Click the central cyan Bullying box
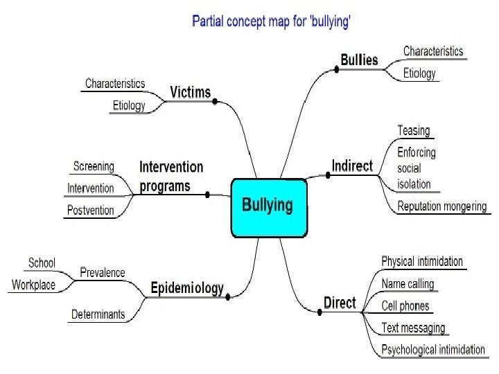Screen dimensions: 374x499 pyautogui.click(x=268, y=206)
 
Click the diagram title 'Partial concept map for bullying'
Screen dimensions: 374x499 pyautogui.click(x=271, y=21)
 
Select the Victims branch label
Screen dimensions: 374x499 pyautogui.click(x=190, y=92)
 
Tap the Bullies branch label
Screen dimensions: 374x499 pyautogui.click(x=359, y=60)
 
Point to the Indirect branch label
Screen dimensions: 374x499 pyautogui.click(x=351, y=166)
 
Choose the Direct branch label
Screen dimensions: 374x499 pyautogui.click(x=340, y=303)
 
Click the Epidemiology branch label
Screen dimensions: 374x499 pyautogui.click(x=187, y=288)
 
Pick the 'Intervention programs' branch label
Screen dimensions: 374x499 pyautogui.click(x=171, y=176)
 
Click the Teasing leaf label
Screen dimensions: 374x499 pyautogui.click(x=413, y=130)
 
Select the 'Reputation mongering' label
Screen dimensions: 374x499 pyautogui.click(x=441, y=206)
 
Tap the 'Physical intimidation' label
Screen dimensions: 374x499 pyautogui.click(x=422, y=261)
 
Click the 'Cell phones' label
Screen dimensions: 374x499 pyautogui.click(x=405, y=305)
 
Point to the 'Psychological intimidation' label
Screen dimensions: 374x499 pyautogui.click(x=433, y=349)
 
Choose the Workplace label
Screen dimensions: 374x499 pyautogui.click(x=33, y=285)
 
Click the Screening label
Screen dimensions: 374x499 pyautogui.click(x=94, y=166)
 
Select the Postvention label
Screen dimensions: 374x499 pyautogui.click(x=91, y=210)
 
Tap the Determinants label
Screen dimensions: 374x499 pyautogui.click(x=98, y=314)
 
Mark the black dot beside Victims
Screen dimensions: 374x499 pyautogui.click(x=216, y=101)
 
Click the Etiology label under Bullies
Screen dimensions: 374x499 pyautogui.click(x=419, y=73)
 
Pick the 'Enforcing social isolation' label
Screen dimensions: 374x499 pyautogui.click(x=416, y=168)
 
